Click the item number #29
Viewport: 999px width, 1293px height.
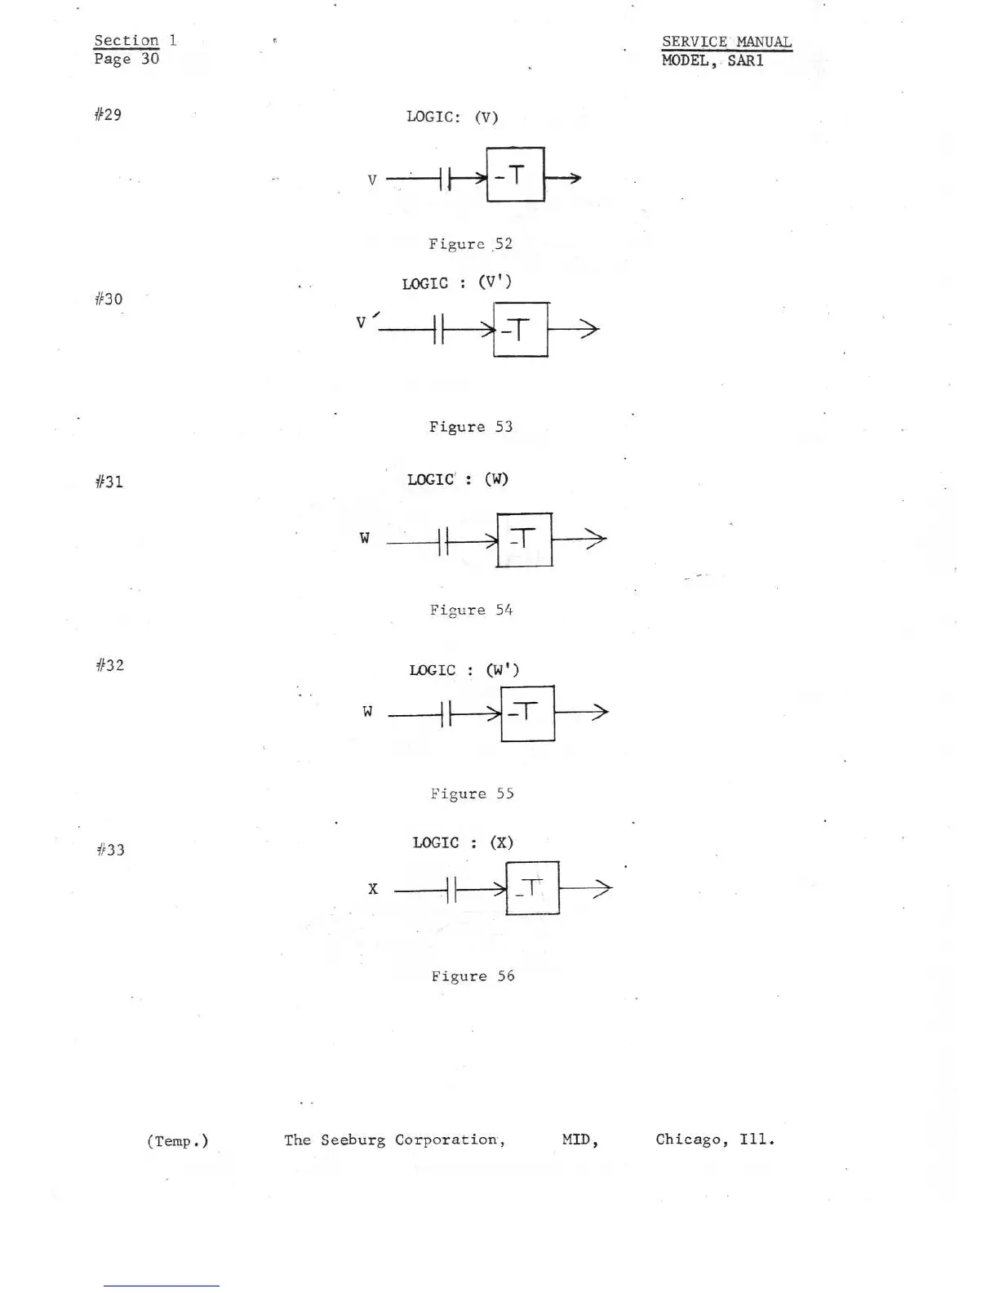point(108,114)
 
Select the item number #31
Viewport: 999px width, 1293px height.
point(109,482)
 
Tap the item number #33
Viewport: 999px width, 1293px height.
point(110,850)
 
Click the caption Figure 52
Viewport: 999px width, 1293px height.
point(470,244)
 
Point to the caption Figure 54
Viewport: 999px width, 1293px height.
point(471,610)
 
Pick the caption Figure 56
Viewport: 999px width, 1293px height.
point(473,976)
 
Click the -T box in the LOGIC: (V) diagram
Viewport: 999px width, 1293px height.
point(515,175)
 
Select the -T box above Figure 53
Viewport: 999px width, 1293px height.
point(521,330)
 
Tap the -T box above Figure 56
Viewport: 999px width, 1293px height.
point(532,888)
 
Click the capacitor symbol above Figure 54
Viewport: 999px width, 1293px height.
point(442,540)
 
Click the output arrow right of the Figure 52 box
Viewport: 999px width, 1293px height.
point(563,178)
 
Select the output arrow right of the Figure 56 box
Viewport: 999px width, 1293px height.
point(586,889)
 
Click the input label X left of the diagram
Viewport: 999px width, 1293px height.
point(373,889)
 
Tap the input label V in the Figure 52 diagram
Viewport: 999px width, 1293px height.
point(372,180)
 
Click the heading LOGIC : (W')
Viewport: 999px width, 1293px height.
point(464,670)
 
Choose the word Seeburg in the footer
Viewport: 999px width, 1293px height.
point(353,1140)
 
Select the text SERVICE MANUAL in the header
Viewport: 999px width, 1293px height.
point(726,42)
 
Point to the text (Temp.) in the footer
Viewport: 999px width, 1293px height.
point(177,1141)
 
